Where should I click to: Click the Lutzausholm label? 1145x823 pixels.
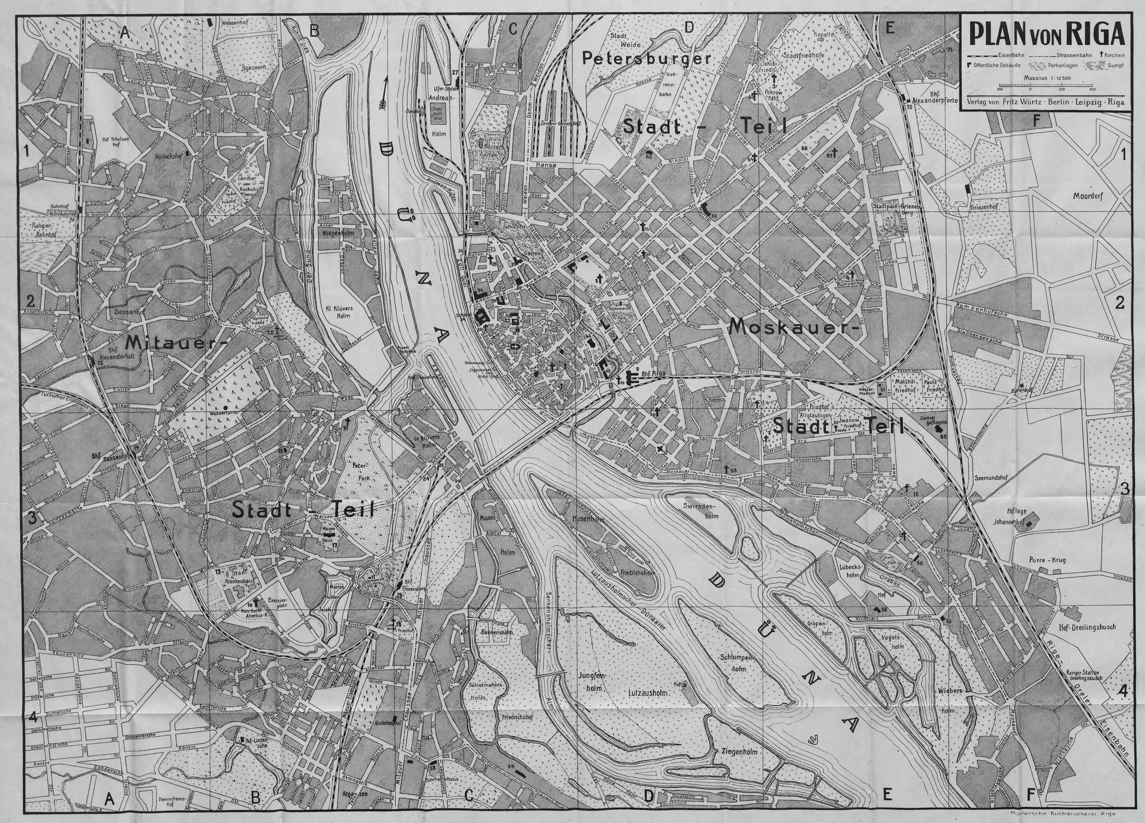pos(648,693)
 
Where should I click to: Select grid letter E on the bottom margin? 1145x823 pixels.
pos(887,795)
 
